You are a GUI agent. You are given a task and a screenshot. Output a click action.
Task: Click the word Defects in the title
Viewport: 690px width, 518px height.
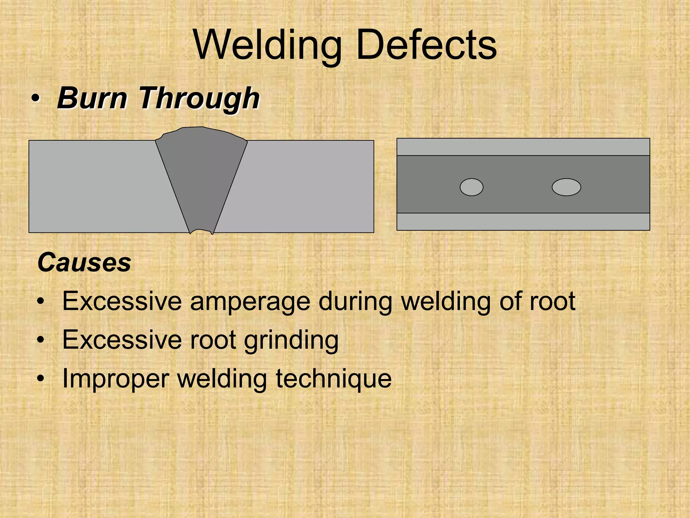coord(426,45)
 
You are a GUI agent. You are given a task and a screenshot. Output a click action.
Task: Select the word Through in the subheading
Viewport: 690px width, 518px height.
coord(199,98)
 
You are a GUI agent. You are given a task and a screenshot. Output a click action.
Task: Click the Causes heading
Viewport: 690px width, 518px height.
coord(84,262)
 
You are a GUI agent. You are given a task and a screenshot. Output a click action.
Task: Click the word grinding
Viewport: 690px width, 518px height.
coord(291,341)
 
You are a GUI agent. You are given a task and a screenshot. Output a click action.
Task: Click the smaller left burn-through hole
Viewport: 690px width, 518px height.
coord(471,187)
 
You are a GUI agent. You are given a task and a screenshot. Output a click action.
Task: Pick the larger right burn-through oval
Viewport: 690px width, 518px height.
coord(566,187)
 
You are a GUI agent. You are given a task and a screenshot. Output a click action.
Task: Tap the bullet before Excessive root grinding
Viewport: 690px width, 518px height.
coord(41,341)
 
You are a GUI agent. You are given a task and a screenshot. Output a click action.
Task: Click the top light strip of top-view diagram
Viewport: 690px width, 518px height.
coord(523,147)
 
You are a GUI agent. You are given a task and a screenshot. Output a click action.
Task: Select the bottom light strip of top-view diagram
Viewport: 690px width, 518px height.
coord(523,222)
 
